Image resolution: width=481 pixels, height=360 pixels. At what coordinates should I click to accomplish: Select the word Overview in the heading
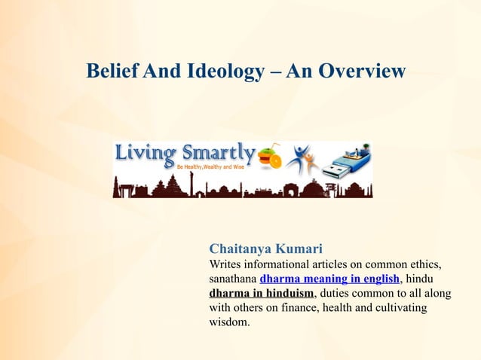(x=361, y=72)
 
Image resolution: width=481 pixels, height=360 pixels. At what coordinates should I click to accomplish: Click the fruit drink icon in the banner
(x=270, y=157)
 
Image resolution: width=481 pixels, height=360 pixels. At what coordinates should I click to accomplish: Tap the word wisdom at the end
(x=228, y=323)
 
